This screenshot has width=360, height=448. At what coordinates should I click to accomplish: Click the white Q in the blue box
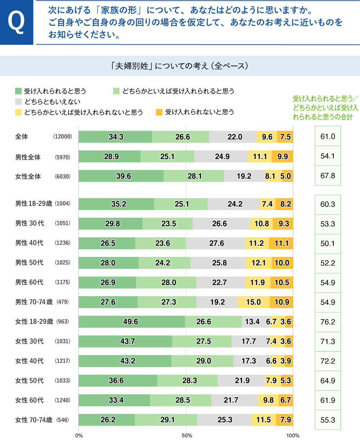click(16, 22)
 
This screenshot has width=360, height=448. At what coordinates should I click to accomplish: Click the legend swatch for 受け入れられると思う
click(18, 91)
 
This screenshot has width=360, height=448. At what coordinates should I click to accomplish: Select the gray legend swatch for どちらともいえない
click(18, 101)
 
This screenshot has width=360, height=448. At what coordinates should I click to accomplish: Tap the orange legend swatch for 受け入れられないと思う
click(159, 112)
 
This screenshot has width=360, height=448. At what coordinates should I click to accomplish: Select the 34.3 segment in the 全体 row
click(116, 137)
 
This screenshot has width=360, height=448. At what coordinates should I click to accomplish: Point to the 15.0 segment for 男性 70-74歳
click(253, 302)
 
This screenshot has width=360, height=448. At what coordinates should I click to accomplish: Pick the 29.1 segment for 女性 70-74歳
click(166, 420)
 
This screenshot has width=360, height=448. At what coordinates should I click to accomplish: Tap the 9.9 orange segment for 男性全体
click(282, 157)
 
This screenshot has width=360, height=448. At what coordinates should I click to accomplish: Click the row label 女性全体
click(28, 177)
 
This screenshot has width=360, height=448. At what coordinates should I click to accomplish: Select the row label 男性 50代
click(29, 263)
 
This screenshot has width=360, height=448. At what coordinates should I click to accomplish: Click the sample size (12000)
click(63, 137)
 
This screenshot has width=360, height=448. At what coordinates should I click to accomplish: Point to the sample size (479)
click(63, 302)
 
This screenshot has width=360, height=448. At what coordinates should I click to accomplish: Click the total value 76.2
click(328, 322)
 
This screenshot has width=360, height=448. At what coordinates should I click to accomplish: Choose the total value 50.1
click(328, 244)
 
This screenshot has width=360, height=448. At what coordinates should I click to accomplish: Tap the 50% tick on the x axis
click(186, 436)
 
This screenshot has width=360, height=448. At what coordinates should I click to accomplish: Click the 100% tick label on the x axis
click(293, 436)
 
